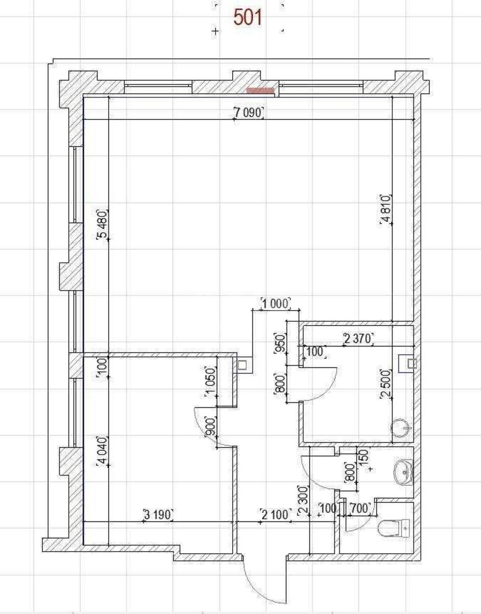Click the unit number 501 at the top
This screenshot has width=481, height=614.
[248, 18]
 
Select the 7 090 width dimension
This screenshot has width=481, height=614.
[248, 113]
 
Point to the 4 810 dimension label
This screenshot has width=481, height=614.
[386, 209]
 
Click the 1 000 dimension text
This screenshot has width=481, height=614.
[276, 303]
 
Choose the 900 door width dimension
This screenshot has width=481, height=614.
[210, 426]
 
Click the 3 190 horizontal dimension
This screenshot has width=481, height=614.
[158, 514]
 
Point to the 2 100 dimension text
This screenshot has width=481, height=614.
[276, 514]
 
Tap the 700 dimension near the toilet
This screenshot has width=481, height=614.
[360, 508]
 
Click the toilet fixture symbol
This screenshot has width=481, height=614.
[394, 527]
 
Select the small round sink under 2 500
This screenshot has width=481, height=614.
[401, 428]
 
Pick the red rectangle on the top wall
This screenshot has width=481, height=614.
[261, 91]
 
